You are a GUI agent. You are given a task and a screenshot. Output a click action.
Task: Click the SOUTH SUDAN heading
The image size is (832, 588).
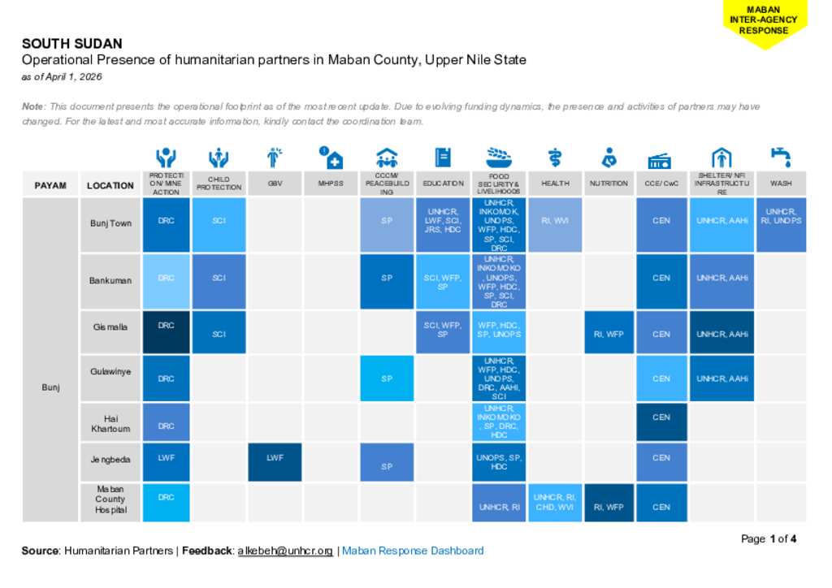point(71,44)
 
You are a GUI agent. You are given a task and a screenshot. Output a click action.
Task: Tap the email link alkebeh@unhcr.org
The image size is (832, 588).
point(285,551)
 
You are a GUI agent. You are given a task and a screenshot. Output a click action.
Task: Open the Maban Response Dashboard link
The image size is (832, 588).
point(413,551)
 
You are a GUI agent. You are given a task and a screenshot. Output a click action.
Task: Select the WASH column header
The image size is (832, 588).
point(780,184)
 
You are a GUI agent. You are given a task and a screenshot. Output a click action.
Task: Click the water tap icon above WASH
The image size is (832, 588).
point(780,157)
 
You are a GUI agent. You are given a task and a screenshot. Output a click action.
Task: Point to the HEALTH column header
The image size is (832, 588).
point(555,184)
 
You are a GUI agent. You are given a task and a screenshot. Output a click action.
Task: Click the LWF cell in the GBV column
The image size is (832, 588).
point(275,459)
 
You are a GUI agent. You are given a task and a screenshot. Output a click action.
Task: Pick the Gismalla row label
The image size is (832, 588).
point(110,327)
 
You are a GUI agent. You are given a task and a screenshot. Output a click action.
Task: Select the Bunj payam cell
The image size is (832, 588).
point(50,387)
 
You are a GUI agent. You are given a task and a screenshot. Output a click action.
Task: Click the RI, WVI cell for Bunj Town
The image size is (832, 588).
point(555,220)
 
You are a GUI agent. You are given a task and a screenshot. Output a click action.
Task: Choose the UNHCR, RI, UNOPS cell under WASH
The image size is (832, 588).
point(780,216)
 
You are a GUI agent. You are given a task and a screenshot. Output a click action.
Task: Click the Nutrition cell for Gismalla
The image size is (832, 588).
point(609,333)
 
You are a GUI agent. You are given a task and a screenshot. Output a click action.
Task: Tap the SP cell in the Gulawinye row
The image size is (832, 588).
point(387,378)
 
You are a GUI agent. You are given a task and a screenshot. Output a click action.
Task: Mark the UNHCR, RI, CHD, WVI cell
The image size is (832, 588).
point(555,502)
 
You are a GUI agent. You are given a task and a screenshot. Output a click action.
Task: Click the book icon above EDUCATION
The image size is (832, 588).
point(443,157)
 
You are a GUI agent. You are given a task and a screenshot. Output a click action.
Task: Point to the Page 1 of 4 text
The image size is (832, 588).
point(769,538)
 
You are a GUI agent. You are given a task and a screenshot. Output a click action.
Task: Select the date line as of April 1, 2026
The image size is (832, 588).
point(62,77)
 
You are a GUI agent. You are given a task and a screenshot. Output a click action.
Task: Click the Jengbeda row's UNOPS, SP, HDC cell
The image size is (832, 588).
point(499,462)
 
